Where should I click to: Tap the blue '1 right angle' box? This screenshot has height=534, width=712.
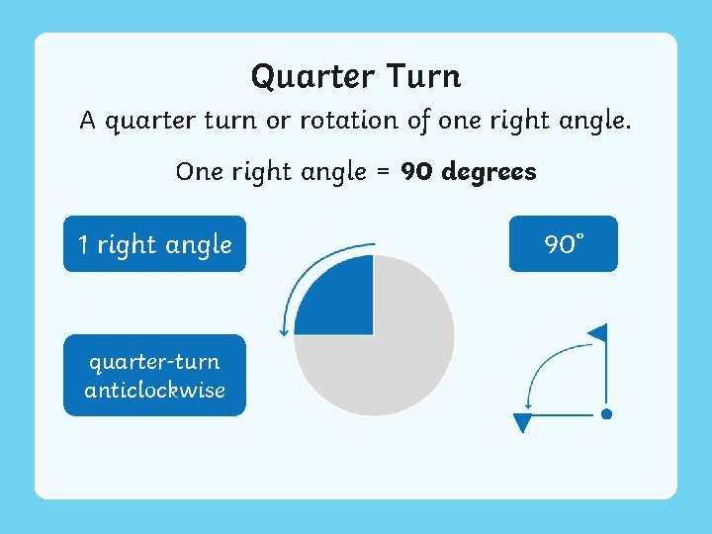click(154, 243)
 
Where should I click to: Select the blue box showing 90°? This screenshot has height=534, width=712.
click(563, 243)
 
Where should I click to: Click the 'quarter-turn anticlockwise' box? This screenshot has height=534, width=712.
click(154, 376)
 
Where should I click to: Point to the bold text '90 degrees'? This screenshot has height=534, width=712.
click(469, 171)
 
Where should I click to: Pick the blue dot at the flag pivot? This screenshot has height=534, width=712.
click(606, 414)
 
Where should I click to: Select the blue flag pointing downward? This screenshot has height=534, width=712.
click(523, 423)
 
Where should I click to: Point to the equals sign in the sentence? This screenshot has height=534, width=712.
click(384, 172)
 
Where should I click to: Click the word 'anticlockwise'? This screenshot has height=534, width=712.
click(154, 390)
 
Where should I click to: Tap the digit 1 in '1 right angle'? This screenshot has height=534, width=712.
click(83, 244)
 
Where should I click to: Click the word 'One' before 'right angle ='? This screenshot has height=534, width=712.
click(200, 171)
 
